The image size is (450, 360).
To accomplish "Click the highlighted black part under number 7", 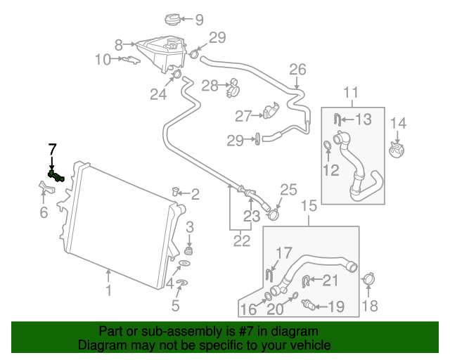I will coord(56,176).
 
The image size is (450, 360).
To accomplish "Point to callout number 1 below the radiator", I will coord(108,290).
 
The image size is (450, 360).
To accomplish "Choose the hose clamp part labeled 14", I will coord(399,149).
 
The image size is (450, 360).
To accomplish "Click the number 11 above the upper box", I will coord(351,92).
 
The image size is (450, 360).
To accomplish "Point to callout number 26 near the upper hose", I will coord(298,69).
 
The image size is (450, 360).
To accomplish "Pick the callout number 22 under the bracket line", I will coord(241,240).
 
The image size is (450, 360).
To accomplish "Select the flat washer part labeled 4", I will coord(184,264).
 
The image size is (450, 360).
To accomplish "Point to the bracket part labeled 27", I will coord(272,111).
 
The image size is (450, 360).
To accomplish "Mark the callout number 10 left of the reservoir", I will coord(103,60).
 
